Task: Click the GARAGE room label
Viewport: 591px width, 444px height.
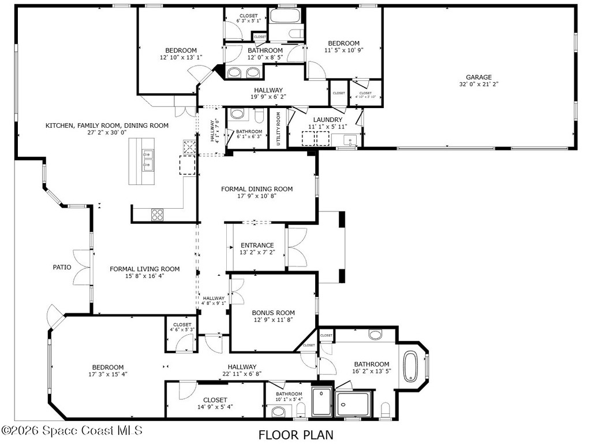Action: tap(478, 77)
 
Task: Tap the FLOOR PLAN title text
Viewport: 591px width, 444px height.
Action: tap(295, 434)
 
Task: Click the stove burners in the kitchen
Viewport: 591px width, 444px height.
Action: tap(158, 214)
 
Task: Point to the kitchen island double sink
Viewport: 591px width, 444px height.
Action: tap(147, 160)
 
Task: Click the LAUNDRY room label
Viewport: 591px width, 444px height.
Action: tap(328, 120)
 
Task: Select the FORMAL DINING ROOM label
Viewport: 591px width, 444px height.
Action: tap(257, 189)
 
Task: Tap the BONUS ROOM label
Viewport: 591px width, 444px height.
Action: tap(273, 313)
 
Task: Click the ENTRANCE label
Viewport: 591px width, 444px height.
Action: tap(257, 245)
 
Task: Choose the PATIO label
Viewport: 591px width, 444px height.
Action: tap(62, 267)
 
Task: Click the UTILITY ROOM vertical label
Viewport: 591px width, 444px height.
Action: tap(278, 128)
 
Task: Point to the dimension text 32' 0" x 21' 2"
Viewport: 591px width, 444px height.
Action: tap(478, 84)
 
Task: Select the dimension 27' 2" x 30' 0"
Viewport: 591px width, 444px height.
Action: tap(107, 132)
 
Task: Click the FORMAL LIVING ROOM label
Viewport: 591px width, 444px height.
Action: tap(145, 269)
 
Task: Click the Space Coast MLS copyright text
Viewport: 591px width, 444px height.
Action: tap(72, 431)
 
